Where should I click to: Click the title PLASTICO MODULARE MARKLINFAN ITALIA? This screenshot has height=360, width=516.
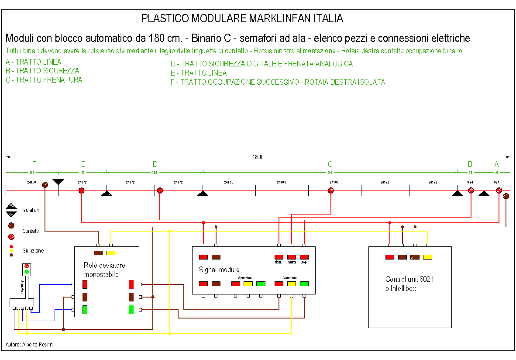(x=242, y=19)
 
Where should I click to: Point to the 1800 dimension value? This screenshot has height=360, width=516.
(x=258, y=157)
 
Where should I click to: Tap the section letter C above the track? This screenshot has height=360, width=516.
(x=330, y=164)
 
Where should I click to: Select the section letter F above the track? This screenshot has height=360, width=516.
(x=34, y=164)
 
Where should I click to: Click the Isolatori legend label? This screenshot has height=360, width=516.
(x=31, y=210)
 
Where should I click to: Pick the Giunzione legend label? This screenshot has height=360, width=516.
(x=33, y=251)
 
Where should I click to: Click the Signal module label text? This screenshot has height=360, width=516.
(x=219, y=270)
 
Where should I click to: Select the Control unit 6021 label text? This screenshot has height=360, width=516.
(x=409, y=279)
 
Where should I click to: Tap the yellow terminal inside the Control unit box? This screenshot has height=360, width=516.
(x=427, y=257)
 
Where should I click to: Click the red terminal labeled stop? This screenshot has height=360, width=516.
(x=304, y=257)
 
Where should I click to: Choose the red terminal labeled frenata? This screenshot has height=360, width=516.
(x=292, y=257)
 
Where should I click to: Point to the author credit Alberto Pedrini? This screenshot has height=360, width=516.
(x=30, y=345)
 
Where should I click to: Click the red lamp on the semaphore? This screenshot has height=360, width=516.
(x=27, y=266)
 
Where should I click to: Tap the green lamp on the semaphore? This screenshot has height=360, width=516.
(x=27, y=272)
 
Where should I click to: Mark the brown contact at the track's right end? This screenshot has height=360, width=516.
(x=506, y=197)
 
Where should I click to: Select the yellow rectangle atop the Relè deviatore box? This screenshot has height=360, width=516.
(x=111, y=253)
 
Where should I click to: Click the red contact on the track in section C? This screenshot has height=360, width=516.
(x=331, y=190)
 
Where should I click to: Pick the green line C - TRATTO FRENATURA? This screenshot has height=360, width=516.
(x=44, y=80)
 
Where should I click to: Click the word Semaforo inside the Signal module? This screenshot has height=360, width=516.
(x=245, y=278)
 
